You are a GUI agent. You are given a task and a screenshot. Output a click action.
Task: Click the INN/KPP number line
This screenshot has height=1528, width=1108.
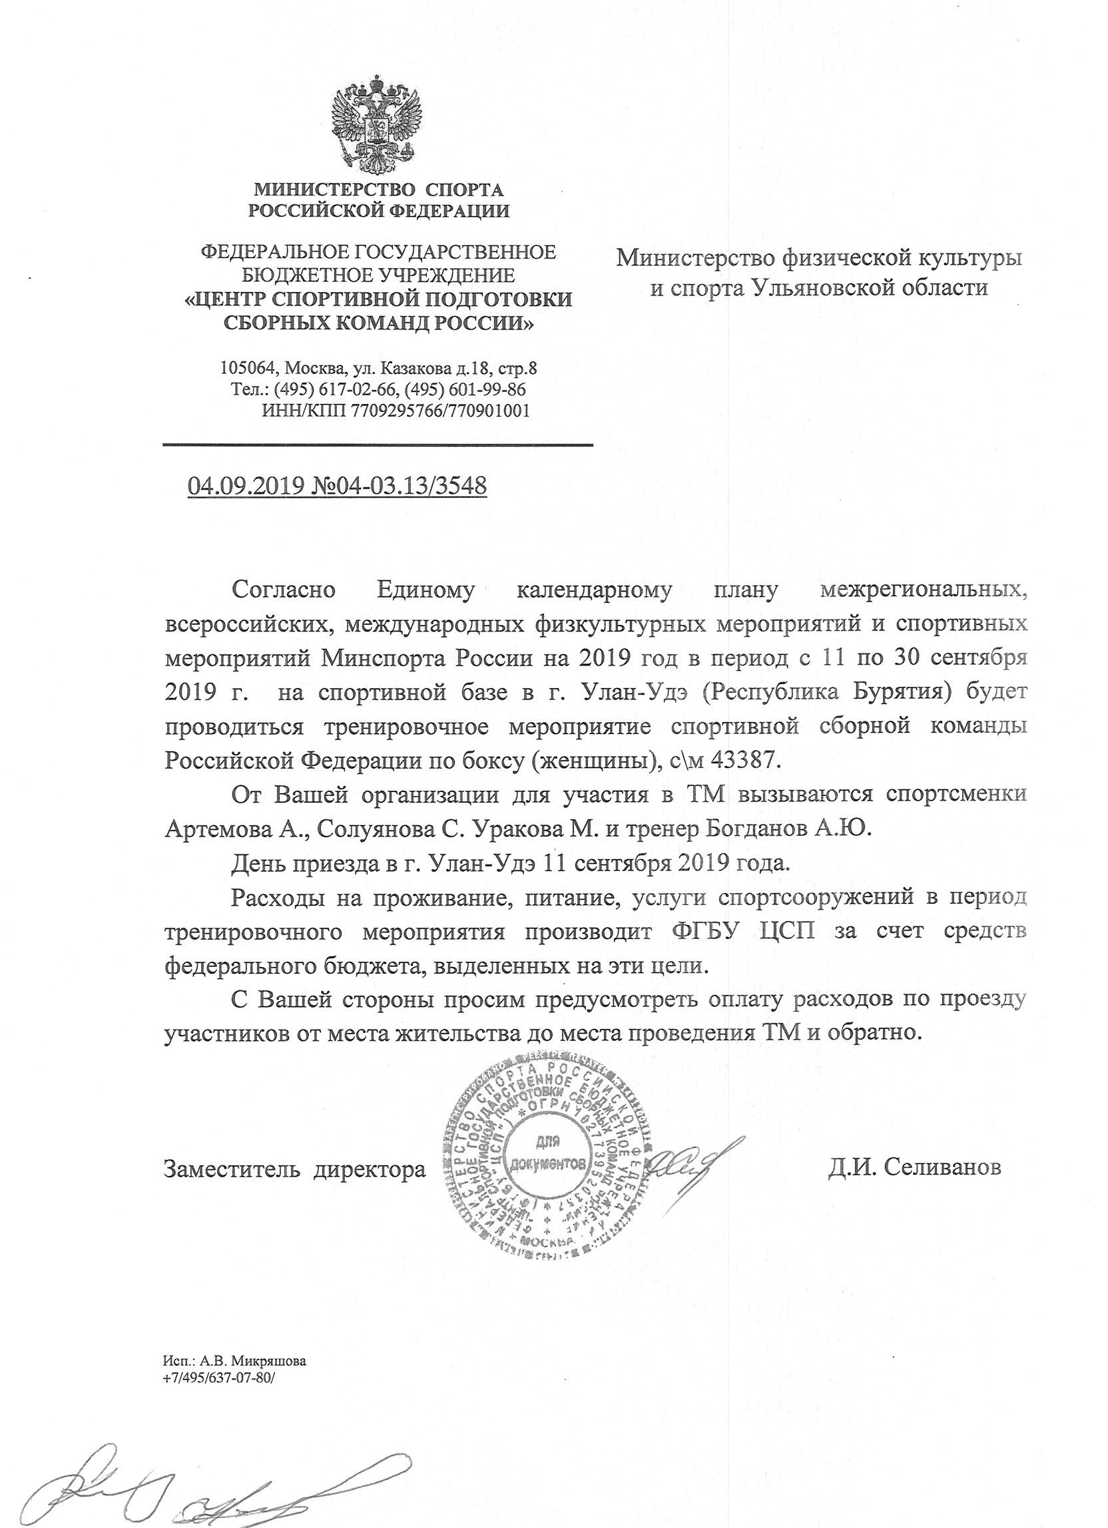(x=395, y=411)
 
